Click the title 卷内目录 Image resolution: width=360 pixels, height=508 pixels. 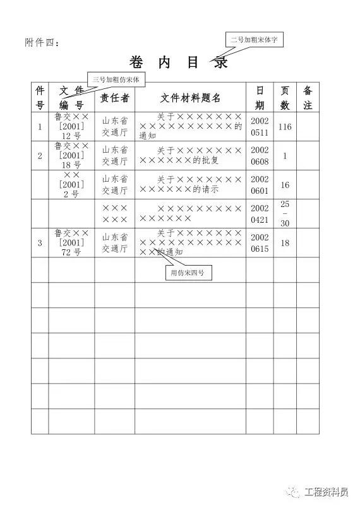[x=178, y=62]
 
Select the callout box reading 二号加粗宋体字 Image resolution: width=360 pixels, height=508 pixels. [x=256, y=39]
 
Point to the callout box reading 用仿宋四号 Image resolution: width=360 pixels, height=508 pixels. [x=188, y=273]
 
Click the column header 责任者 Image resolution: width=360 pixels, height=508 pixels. [x=115, y=97]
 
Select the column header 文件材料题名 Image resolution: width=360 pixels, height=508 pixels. [x=190, y=97]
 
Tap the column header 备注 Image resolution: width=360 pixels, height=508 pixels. [x=308, y=97]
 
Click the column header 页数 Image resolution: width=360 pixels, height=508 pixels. [x=285, y=97]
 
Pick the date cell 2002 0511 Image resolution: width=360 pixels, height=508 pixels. [x=260, y=126]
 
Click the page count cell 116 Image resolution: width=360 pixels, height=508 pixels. [x=285, y=127]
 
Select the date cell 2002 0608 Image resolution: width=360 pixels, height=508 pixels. [x=260, y=155]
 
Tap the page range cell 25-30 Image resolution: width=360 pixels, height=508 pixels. [x=285, y=213]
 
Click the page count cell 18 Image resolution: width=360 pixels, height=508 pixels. [x=285, y=243]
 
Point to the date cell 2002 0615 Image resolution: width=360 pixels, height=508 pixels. [x=260, y=243]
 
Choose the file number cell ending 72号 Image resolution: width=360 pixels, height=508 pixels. [x=71, y=242]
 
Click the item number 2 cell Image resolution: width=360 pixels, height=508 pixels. [x=40, y=155]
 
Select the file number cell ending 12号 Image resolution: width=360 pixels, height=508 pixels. [x=71, y=126]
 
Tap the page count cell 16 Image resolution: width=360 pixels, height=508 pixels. [x=285, y=185]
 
